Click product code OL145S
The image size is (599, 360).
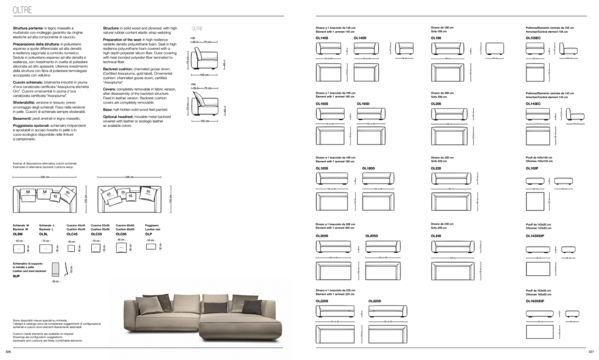tap(321, 38)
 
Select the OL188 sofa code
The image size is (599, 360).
tap(436, 38)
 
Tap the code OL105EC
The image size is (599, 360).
tap(534, 38)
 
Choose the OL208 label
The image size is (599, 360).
tap(436, 104)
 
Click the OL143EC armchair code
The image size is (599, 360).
tap(534, 104)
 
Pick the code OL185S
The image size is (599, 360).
tap(322, 169)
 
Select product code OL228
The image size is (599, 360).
tap(436, 169)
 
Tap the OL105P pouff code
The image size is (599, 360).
tap(532, 169)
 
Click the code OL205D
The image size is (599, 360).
tap(371, 235)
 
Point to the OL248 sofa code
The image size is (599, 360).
tap(436, 235)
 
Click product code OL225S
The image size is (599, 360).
tap(322, 301)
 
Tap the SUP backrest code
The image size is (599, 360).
tap(16, 276)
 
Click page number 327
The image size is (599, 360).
tap(591, 352)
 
